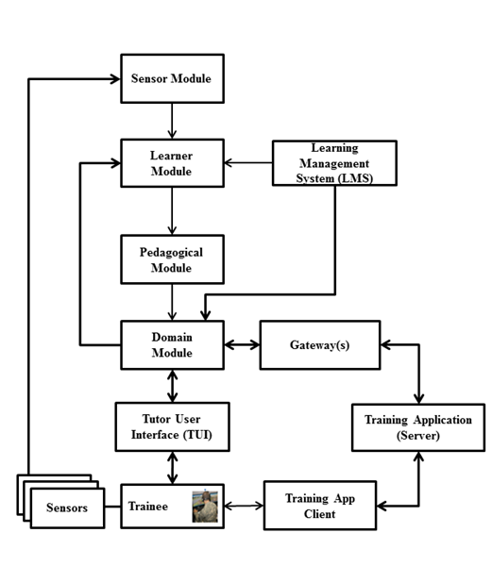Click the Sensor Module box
click(172, 78)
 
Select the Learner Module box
click(172, 163)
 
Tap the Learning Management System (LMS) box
click(334, 163)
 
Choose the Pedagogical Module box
click(172, 259)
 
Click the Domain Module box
click(172, 345)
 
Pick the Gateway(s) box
click(320, 345)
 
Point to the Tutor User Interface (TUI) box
click(172, 427)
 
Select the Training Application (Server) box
click(418, 427)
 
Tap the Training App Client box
click(320, 506)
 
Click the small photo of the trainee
click(205, 507)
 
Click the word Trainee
click(148, 507)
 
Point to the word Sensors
click(67, 508)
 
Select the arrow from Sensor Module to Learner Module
click(172, 121)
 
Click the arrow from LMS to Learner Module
click(248, 163)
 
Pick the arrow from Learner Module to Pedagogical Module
click(172, 211)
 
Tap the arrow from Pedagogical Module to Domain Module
click(172, 302)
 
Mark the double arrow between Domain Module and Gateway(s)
click(242, 345)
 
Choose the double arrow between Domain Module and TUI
click(172, 386)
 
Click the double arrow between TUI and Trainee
click(172, 468)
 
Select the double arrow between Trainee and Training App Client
click(244, 506)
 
